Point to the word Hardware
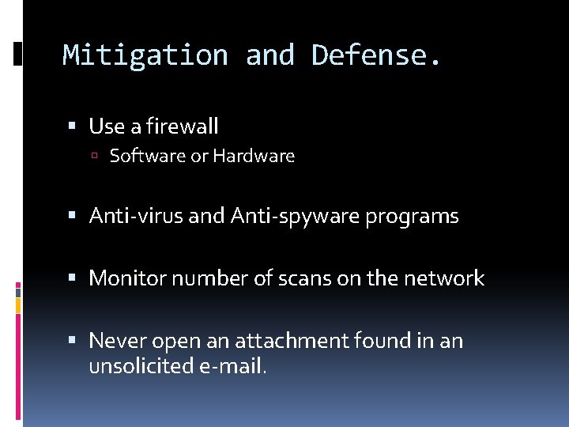tap(254, 157)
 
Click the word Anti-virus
tap(137, 216)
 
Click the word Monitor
tap(125, 278)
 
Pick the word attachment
tap(283, 341)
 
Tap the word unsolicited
tap(138, 366)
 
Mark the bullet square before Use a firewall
tap(73, 127)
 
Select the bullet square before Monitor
tap(73, 278)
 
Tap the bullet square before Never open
tap(73, 341)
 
